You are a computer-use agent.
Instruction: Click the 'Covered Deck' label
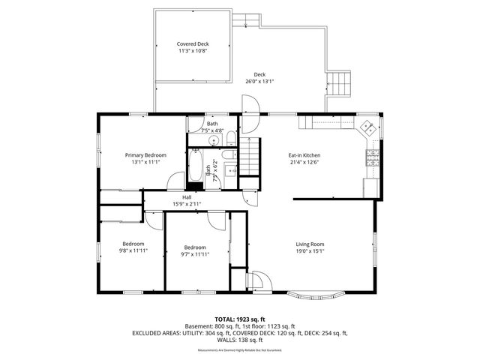click(x=193, y=44)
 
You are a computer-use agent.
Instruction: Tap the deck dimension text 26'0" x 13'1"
click(x=259, y=82)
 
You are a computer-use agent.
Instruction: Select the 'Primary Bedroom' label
click(x=145, y=154)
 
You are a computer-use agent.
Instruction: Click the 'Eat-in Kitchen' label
click(x=304, y=155)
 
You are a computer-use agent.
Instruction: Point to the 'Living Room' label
click(x=309, y=244)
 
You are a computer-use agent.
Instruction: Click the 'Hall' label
click(x=187, y=197)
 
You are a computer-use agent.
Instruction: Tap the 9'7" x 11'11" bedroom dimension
click(x=195, y=254)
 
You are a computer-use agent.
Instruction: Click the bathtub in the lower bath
click(x=196, y=166)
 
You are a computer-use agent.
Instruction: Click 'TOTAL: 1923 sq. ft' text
click(x=240, y=319)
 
